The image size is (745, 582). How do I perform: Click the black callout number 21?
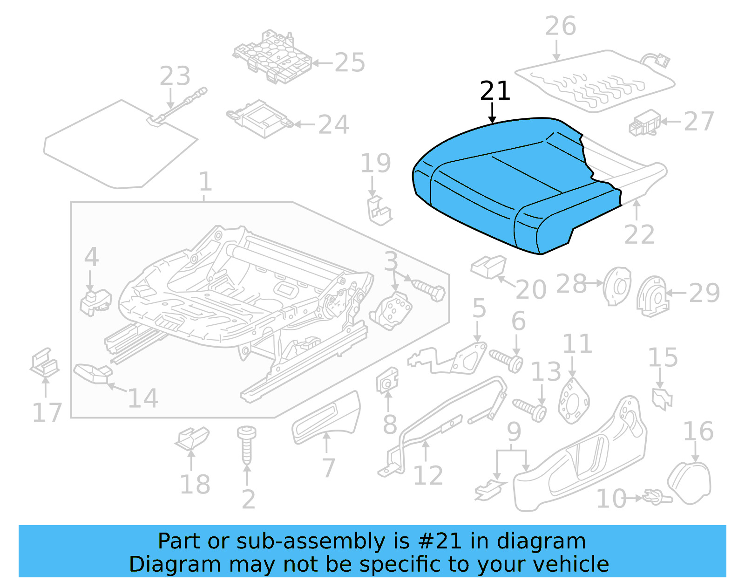[x=495, y=91]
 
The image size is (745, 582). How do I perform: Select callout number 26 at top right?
[x=561, y=26]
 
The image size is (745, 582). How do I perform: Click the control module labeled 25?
[x=272, y=58]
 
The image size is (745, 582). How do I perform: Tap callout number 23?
[x=175, y=76]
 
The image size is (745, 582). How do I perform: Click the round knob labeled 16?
[x=690, y=482]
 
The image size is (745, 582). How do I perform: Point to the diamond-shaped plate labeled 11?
[x=573, y=401]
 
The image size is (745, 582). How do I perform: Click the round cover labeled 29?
[x=652, y=295]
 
